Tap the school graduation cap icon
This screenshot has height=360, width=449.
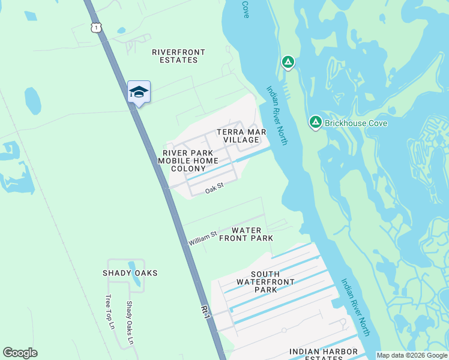[x=139, y=92]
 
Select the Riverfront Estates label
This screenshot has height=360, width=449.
[x=178, y=56]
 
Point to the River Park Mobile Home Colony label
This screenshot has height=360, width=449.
[x=188, y=161]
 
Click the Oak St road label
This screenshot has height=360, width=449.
[x=214, y=188]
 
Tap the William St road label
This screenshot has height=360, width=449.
[x=202, y=239]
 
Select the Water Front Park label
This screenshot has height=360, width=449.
[x=246, y=234]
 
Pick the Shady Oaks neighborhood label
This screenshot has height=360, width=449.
[x=130, y=273]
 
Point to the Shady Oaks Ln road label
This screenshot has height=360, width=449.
[x=129, y=323]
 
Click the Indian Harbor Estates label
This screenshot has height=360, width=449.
[x=324, y=355]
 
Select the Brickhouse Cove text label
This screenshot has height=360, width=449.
[x=355, y=123]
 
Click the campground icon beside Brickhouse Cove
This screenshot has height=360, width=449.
[x=315, y=122]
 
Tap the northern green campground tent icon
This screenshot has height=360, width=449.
[x=288, y=62]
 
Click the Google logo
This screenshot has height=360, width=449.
[x=20, y=353]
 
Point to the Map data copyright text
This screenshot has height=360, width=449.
[x=412, y=355]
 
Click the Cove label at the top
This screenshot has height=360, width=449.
[x=246, y=8]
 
